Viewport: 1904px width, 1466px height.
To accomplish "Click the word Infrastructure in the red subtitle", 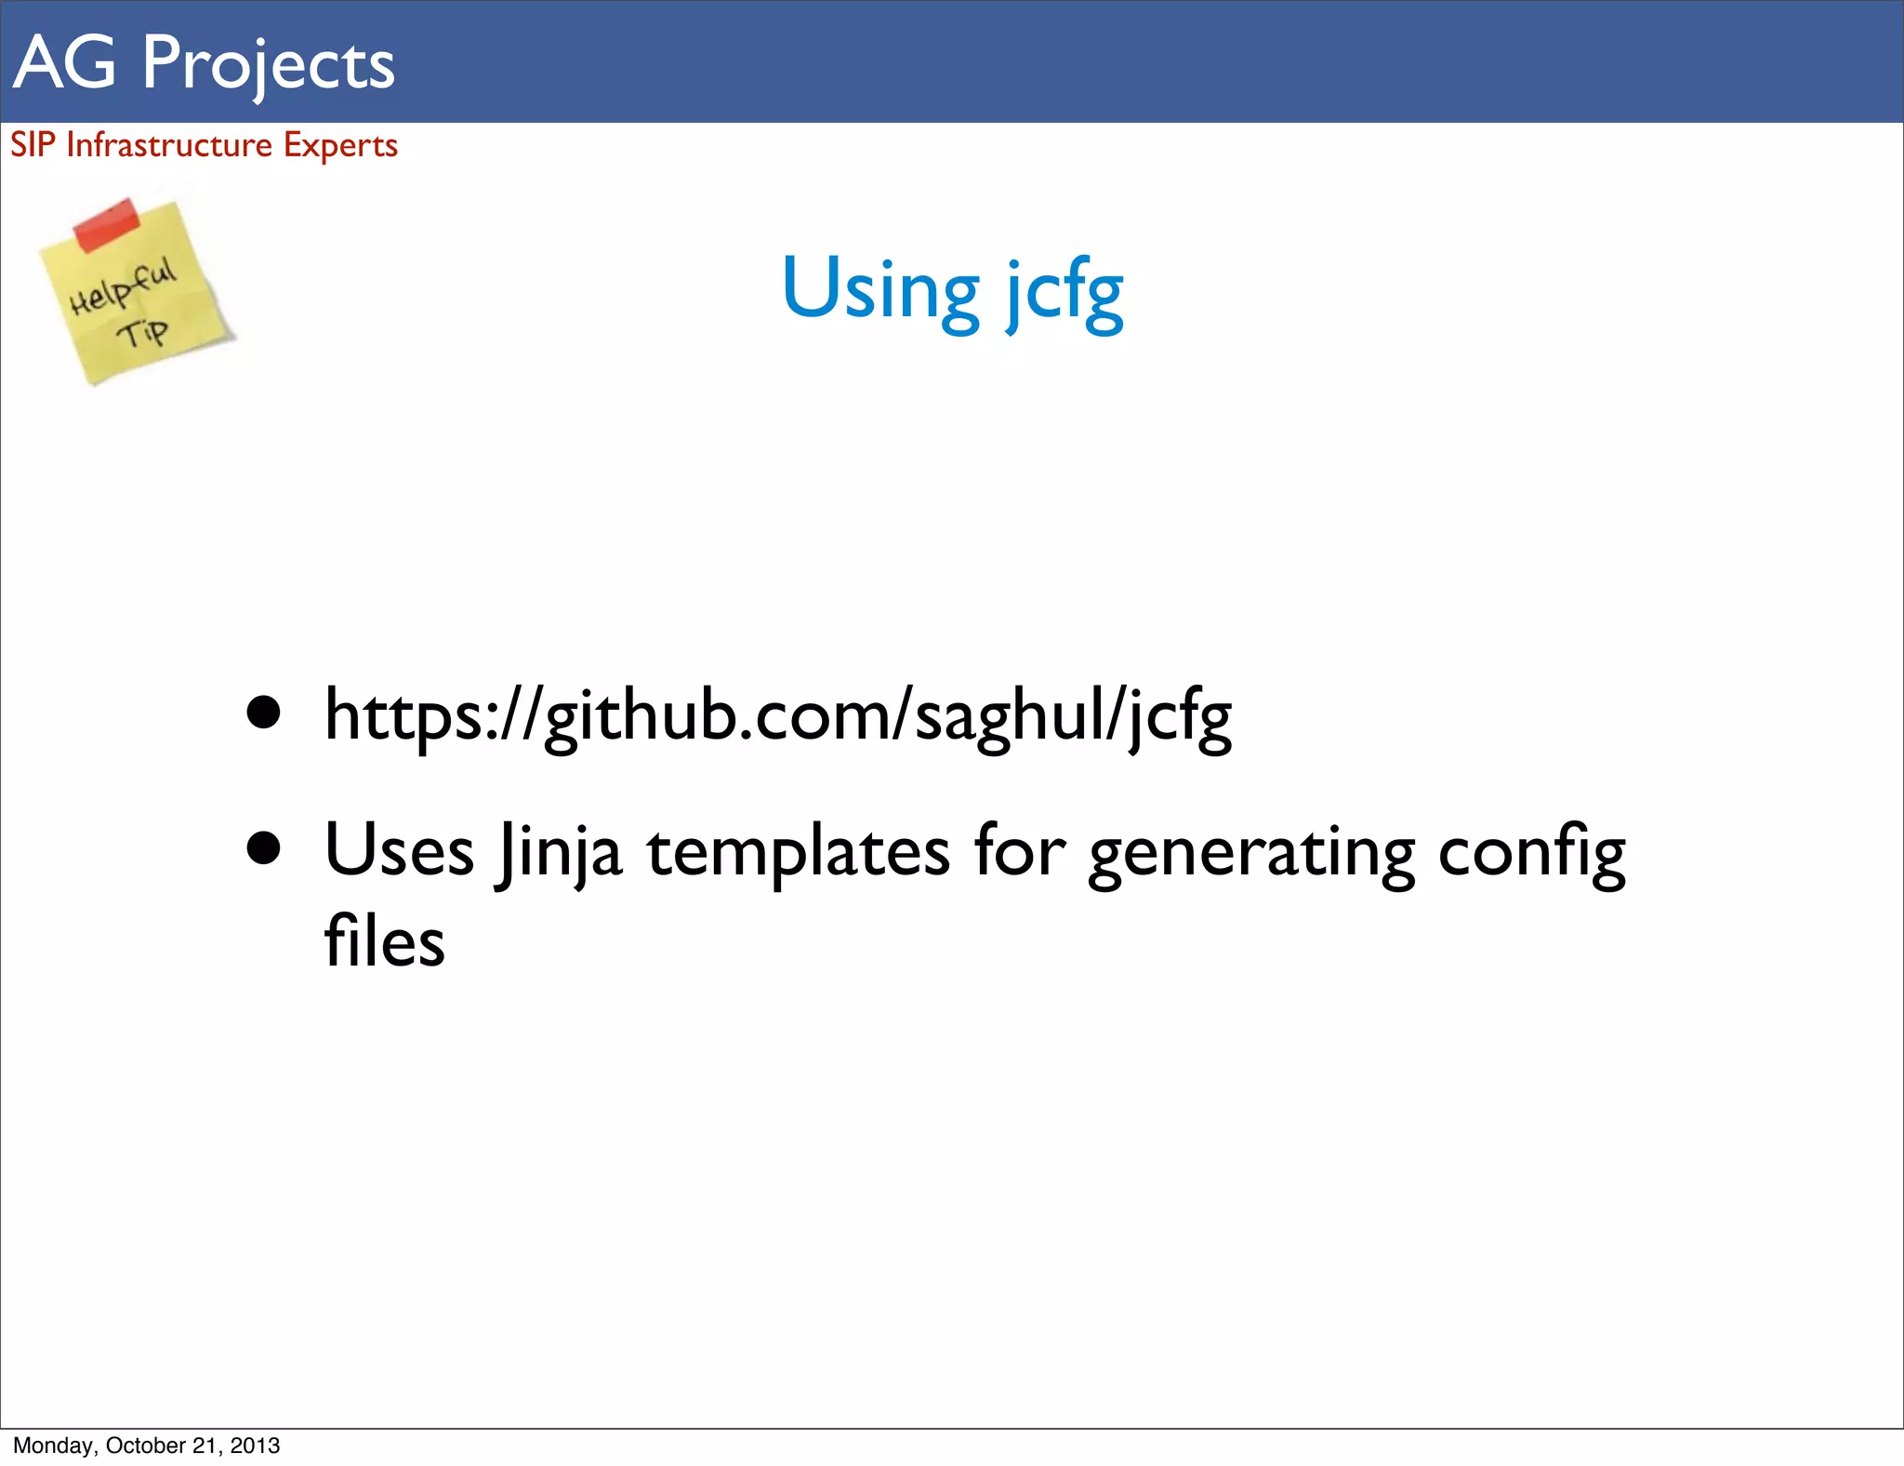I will click(169, 145).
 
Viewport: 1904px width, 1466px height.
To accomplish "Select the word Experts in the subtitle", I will click(340, 146).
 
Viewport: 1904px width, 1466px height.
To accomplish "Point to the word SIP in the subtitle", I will click(33, 145).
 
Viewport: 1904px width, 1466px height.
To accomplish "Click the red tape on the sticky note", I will click(106, 223).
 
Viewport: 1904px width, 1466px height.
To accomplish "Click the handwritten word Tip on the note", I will click(142, 331).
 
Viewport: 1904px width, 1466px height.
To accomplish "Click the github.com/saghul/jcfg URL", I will click(778, 716).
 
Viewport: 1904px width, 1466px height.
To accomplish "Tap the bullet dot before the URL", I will click(264, 713).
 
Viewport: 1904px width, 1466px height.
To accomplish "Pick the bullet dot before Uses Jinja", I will click(264, 847).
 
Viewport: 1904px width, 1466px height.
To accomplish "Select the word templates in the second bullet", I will click(799, 851).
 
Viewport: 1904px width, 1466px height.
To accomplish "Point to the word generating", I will click(1251, 853).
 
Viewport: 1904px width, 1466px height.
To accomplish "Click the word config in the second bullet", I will click(1531, 851).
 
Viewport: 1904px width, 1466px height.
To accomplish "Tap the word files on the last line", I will click(385, 940).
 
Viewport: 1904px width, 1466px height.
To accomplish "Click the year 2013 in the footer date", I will click(255, 1446).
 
